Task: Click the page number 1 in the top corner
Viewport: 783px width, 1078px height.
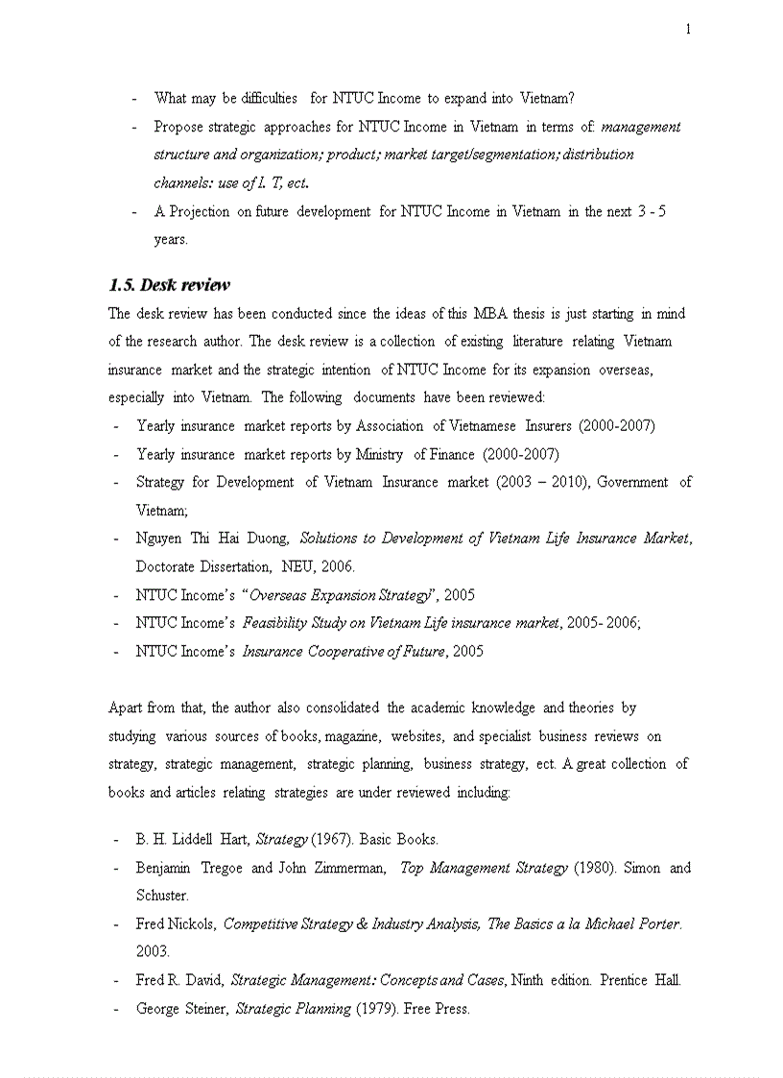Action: point(687,29)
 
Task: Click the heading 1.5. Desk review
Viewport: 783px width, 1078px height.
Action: point(169,285)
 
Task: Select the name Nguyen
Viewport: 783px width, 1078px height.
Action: point(161,539)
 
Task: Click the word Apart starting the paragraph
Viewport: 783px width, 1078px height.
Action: point(126,708)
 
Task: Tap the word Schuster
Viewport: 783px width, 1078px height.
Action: point(161,895)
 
